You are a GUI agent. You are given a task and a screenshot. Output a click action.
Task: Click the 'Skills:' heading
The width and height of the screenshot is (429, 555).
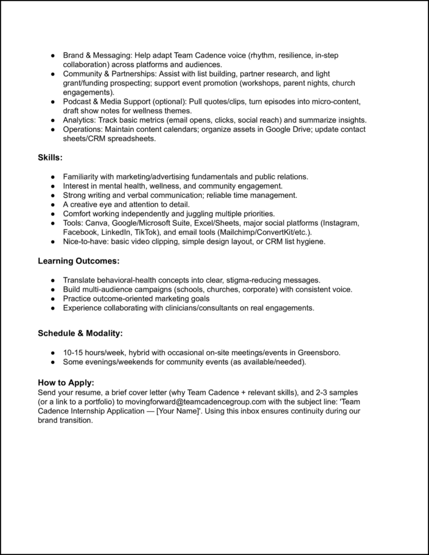50,157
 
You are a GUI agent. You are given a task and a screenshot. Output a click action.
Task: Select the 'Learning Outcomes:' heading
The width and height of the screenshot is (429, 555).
78,261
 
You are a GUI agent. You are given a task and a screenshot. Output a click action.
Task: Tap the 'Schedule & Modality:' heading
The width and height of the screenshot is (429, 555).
80,333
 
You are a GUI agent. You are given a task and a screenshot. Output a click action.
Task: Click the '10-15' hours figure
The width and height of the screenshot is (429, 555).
73,353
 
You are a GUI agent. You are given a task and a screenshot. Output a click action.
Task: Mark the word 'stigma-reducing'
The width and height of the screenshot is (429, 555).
252,280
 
